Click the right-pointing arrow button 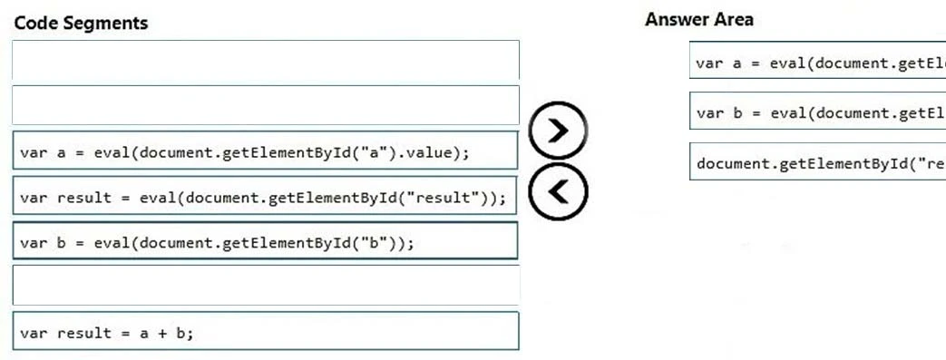click(559, 131)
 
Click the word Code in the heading click(34, 24)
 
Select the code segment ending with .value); click(266, 152)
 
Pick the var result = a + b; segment click(266, 333)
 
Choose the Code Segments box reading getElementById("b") click(266, 242)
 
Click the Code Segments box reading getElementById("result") click(266, 198)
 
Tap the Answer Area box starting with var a click(816, 63)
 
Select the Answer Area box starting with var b click(816, 113)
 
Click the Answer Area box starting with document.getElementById click(816, 164)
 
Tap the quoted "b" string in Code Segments click(375, 242)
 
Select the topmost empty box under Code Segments click(266, 61)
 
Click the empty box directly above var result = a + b click(266, 286)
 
